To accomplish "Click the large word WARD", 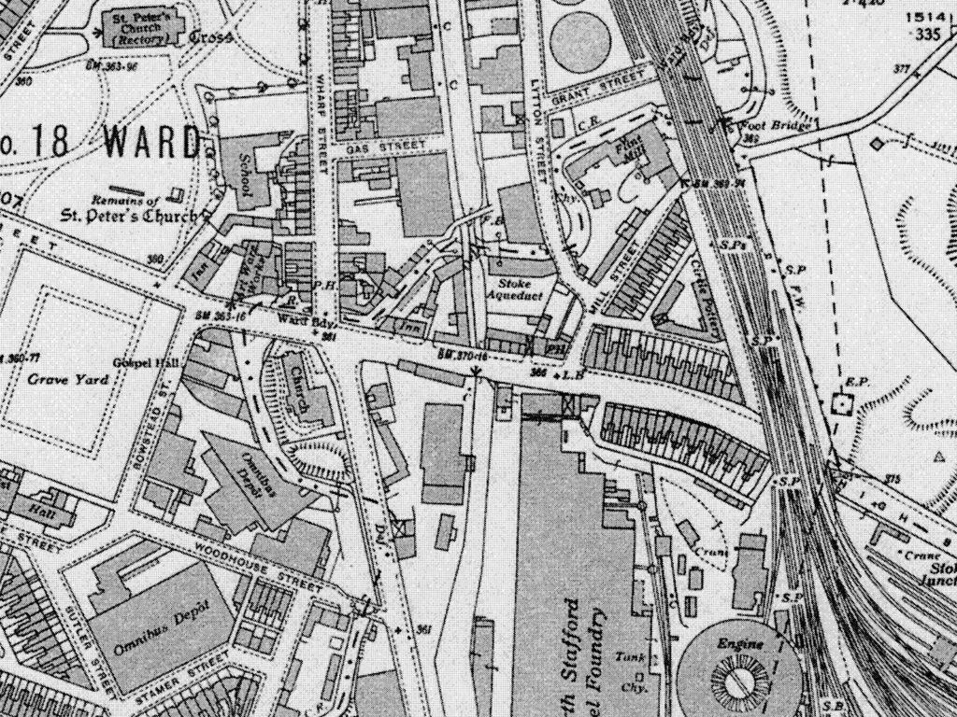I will (x=151, y=142).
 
